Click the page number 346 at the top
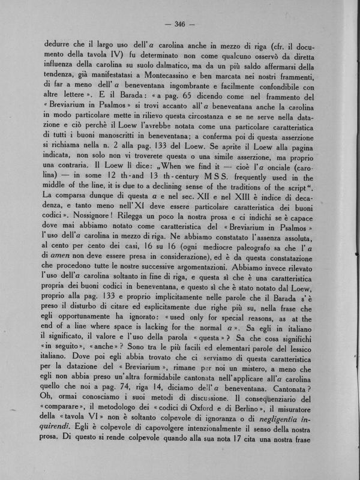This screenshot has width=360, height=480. [179, 24]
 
